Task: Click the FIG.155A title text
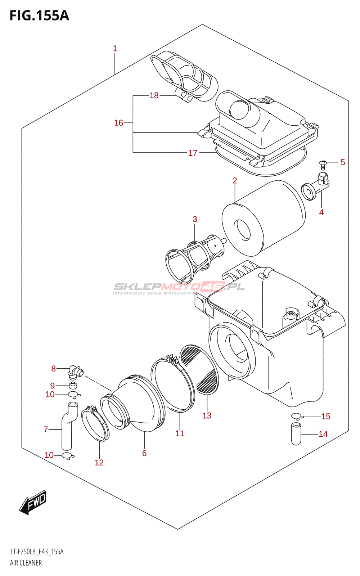[39, 16]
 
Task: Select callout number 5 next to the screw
[342, 163]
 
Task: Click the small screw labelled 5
[323, 165]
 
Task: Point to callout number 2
[235, 181]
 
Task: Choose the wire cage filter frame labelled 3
[194, 257]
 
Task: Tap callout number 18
[154, 95]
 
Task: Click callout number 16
[118, 123]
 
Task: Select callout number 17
[193, 153]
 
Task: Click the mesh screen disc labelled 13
[200, 369]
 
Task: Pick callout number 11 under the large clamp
[180, 434]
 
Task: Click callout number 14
[323, 434]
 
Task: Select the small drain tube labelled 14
[296, 434]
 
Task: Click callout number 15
[325, 417]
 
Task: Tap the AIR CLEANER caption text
[26, 563]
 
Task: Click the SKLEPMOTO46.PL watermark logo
[179, 287]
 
